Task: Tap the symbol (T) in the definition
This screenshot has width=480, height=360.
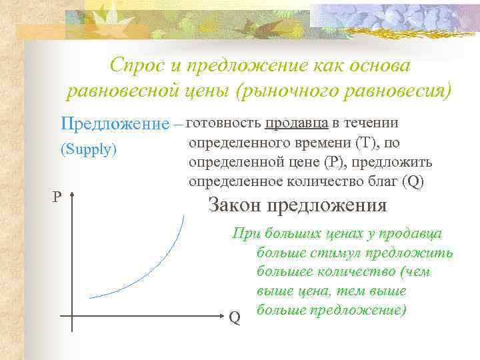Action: [x=367, y=142]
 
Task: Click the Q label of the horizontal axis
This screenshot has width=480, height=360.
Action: [x=234, y=318]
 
